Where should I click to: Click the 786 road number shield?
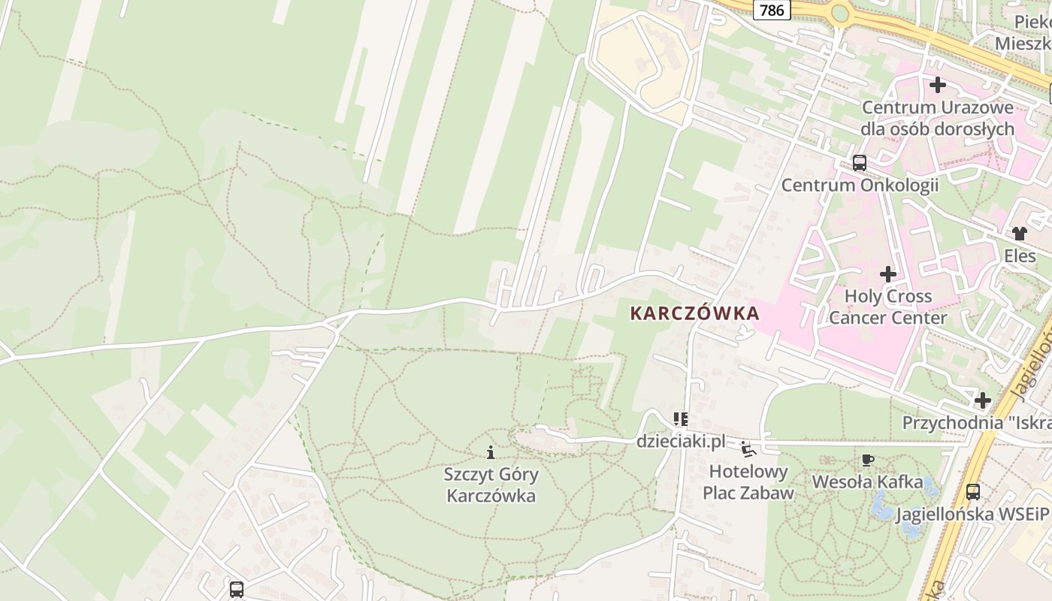(772, 10)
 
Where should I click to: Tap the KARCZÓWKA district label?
(694, 313)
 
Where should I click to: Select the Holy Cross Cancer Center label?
(887, 307)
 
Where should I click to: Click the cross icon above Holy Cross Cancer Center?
(888, 274)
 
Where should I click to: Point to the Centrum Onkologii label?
(860, 185)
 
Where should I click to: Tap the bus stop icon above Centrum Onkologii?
(859, 162)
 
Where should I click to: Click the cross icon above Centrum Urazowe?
(937, 85)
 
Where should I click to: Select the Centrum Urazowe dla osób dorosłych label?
(937, 118)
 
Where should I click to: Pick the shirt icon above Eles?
(1019, 234)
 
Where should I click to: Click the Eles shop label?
(1020, 256)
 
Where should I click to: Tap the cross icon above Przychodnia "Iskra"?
(982, 400)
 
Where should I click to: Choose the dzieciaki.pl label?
(681, 441)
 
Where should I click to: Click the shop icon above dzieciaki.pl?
(681, 418)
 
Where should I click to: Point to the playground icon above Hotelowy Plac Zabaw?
(748, 449)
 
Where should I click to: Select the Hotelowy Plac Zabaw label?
(748, 482)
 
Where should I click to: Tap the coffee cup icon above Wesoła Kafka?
(867, 460)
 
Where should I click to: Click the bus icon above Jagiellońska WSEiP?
(972, 492)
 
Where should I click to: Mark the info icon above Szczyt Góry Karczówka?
(491, 452)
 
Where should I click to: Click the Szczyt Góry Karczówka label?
(491, 485)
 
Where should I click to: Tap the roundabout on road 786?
(840, 13)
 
